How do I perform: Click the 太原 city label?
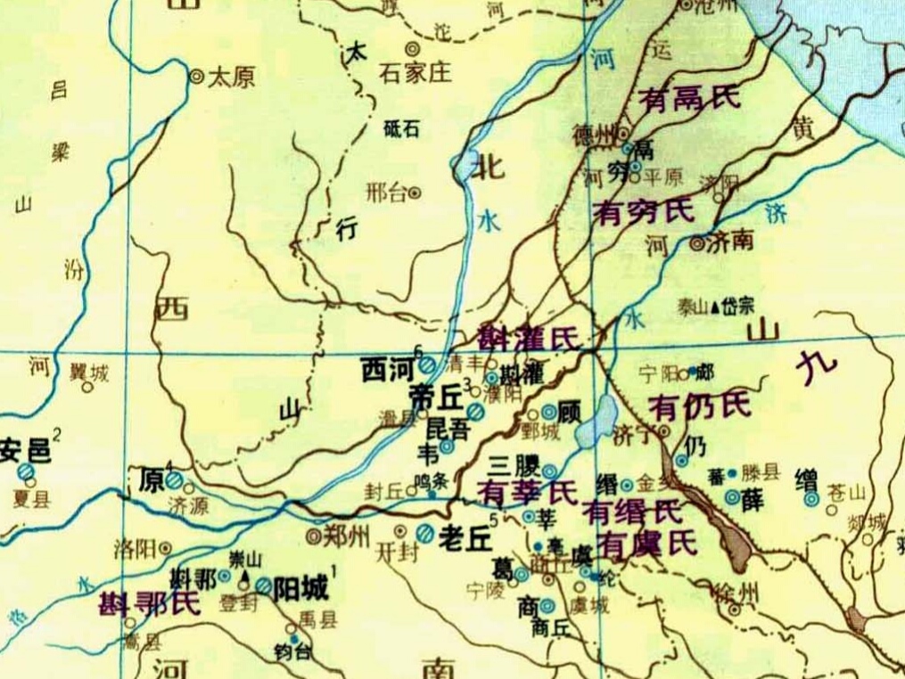[x=231, y=78]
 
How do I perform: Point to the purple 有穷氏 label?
[x=642, y=212]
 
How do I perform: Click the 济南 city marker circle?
[x=696, y=242]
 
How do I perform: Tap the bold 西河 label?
[x=387, y=369]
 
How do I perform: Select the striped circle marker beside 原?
[x=175, y=481]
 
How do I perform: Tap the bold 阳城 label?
[x=300, y=587]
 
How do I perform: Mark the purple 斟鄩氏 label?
[x=149, y=604]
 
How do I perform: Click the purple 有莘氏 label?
[x=526, y=490]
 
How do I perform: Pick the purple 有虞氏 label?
[x=646, y=541]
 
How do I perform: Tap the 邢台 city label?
[x=387, y=192]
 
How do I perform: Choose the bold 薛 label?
[x=753, y=499]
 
